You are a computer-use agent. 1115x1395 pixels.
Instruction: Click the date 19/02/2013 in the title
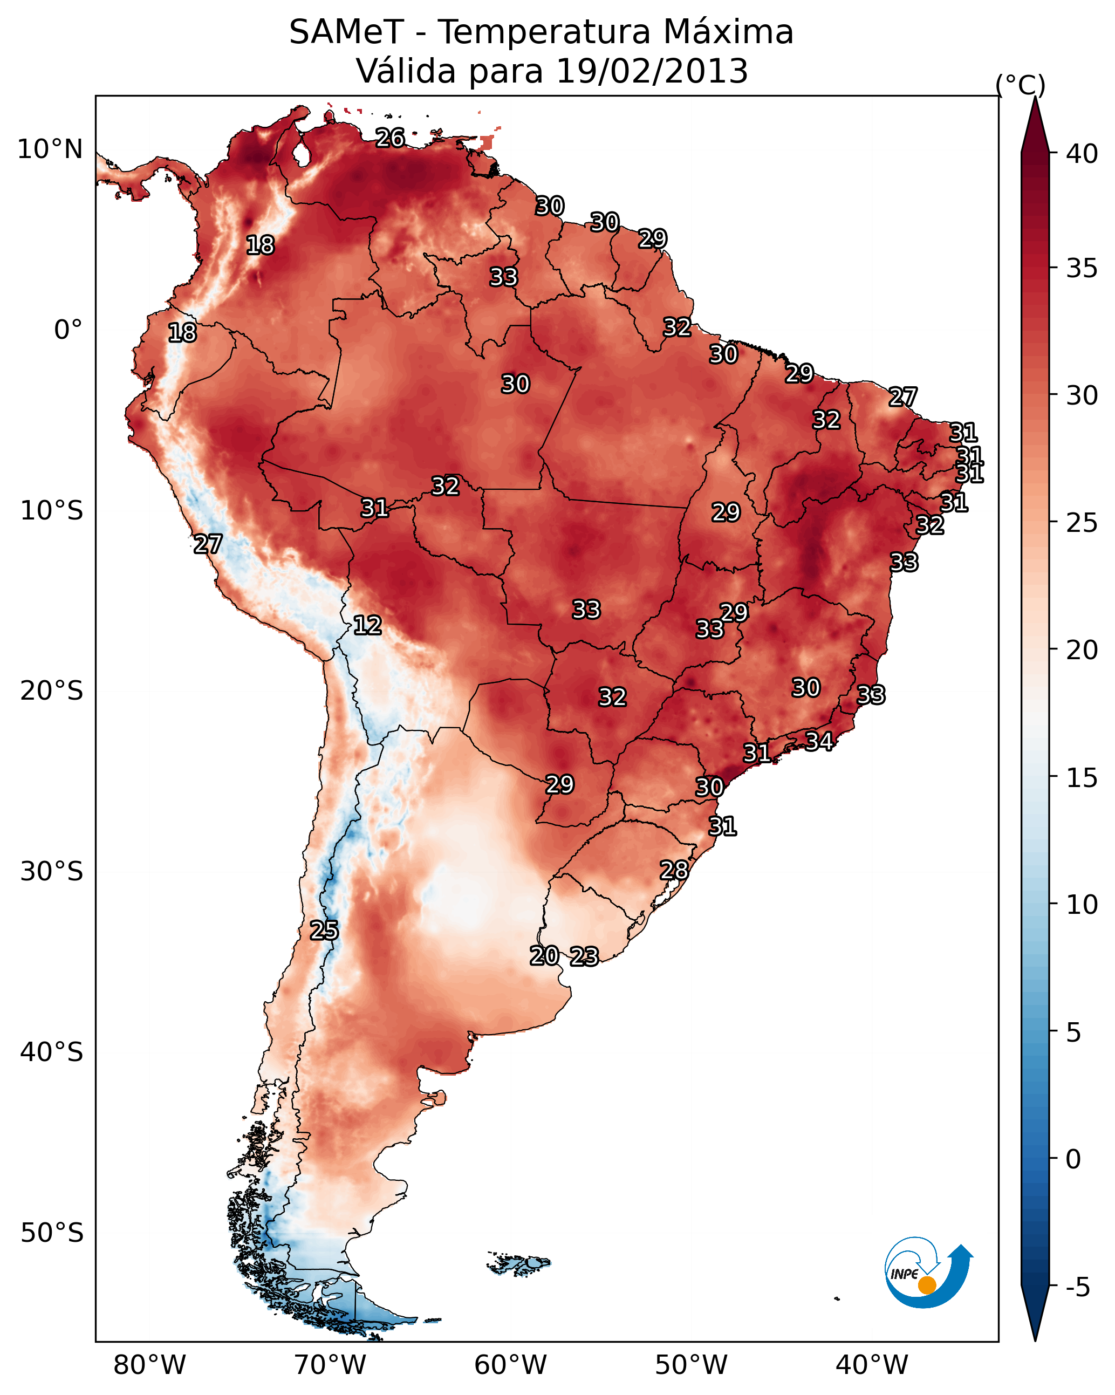pyautogui.click(x=652, y=71)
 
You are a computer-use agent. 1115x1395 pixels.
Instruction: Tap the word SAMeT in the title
pyautogui.click(x=346, y=32)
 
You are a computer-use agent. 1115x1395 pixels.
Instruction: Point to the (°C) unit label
pyautogui.click(x=1020, y=85)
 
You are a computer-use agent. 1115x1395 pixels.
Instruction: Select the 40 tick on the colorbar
pyautogui.click(x=1082, y=154)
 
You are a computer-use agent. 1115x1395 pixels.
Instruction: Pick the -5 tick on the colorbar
pyautogui.click(x=1077, y=1287)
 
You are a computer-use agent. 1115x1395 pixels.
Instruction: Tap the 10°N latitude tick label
pyautogui.click(x=50, y=149)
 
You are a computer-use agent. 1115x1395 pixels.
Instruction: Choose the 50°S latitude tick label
pyautogui.click(x=52, y=1233)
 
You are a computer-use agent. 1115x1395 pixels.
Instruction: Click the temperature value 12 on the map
pyautogui.click(x=367, y=625)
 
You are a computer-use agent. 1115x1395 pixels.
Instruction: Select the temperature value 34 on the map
pyautogui.click(x=819, y=741)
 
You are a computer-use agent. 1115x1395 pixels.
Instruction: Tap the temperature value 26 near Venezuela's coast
pyautogui.click(x=390, y=138)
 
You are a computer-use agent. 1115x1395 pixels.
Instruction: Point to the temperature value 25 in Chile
pyautogui.click(x=324, y=931)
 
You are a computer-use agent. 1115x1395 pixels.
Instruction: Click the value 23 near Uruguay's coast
pyautogui.click(x=584, y=956)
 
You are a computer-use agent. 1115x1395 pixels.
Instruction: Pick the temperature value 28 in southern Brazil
pyautogui.click(x=674, y=870)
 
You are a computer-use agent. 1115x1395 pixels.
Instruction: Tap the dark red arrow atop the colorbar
pyautogui.click(x=1034, y=126)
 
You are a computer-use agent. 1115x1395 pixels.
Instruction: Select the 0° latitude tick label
pyautogui.click(x=68, y=330)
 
